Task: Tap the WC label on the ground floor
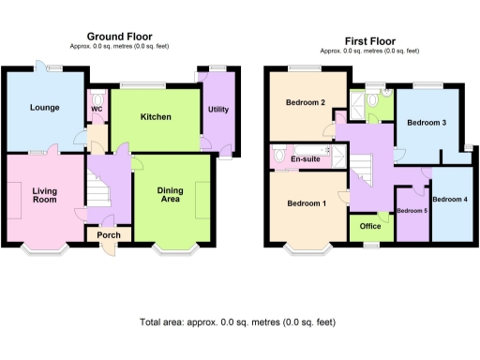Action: pyautogui.click(x=97, y=108)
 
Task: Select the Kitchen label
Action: pyautogui.click(x=156, y=117)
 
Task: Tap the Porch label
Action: pyautogui.click(x=108, y=234)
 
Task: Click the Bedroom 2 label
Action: pyautogui.click(x=306, y=103)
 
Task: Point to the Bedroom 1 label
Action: pyautogui.click(x=307, y=203)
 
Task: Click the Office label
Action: pyautogui.click(x=369, y=226)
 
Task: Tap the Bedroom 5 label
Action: pyautogui.click(x=412, y=211)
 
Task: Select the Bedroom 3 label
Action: pyautogui.click(x=426, y=122)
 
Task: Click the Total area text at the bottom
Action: pyautogui.click(x=238, y=322)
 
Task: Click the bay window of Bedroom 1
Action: pyautogui.click(x=307, y=249)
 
